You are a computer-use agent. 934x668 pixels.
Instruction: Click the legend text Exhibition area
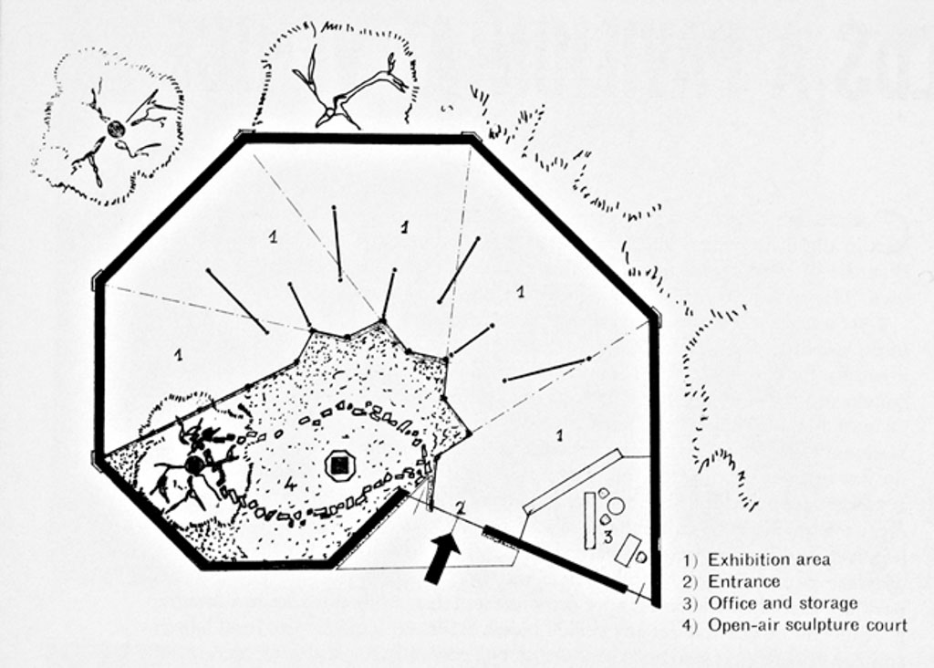coord(769,559)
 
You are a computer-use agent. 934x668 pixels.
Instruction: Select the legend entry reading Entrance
coord(743,581)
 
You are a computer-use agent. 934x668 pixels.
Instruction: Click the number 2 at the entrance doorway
coord(461,507)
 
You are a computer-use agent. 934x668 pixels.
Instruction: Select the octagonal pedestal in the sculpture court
coord(340,466)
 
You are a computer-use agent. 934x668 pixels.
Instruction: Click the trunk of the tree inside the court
coord(193,464)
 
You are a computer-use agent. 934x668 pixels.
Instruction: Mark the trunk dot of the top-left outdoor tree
coord(115,130)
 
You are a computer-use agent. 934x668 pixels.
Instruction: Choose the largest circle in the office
coord(616,506)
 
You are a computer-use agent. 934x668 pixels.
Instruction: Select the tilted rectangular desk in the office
coord(628,549)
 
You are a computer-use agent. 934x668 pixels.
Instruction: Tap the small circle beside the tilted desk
coord(641,557)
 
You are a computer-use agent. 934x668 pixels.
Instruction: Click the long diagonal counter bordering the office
coord(573,481)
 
